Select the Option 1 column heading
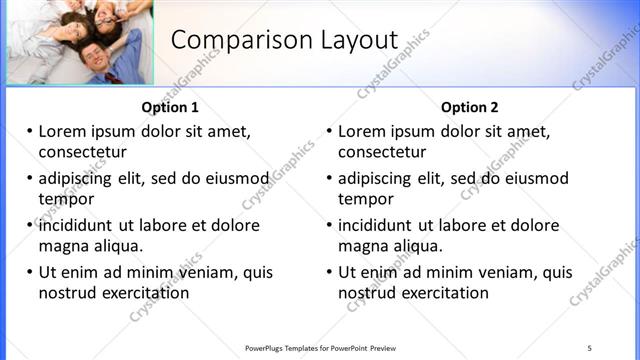tap(170, 108)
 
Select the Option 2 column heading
tap(469, 108)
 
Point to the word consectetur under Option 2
tap(382, 152)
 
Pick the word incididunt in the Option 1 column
tap(82, 225)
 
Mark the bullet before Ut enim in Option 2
tap(329, 272)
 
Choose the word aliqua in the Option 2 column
tap(418, 246)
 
